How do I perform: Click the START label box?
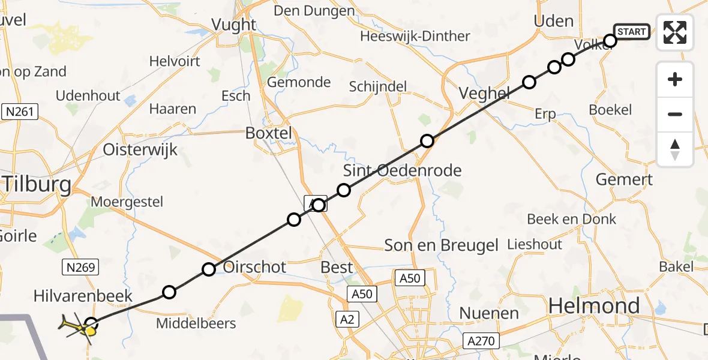pos(631,31)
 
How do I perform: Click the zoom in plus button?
pos(675,79)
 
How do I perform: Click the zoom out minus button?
pos(675,114)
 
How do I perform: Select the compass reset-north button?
pos(675,149)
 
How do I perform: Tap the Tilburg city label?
pos(36,185)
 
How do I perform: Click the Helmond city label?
pos(594,306)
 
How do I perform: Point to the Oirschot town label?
pos(254,267)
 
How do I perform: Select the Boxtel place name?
pos(268,133)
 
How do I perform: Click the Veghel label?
pos(484,93)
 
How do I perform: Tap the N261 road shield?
pos(20,112)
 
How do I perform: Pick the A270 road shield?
pos(481,341)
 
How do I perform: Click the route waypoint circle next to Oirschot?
pos(209,269)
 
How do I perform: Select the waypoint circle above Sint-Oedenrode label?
pos(344,190)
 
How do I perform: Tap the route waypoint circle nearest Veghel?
pos(529,82)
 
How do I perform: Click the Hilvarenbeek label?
pos(83,296)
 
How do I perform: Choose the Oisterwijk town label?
pos(140,149)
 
